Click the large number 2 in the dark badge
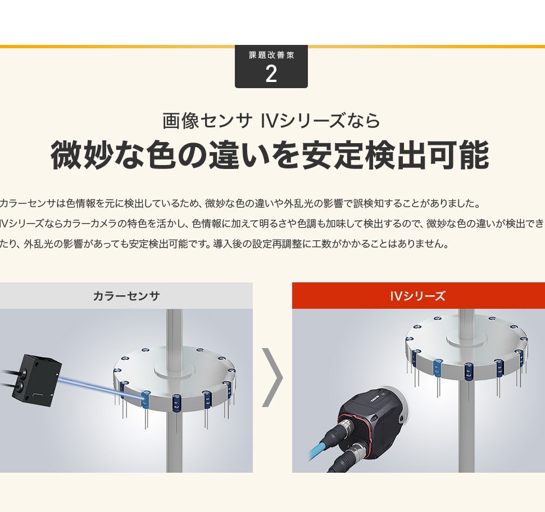pyautogui.click(x=271, y=74)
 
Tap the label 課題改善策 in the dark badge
pyautogui.click(x=271, y=55)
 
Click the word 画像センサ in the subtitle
pyautogui.click(x=207, y=121)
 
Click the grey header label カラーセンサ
pyautogui.click(x=126, y=296)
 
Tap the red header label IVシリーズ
pyautogui.click(x=417, y=296)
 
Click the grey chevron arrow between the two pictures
pyautogui.click(x=273, y=377)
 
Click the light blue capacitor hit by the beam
pyautogui.click(x=146, y=400)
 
